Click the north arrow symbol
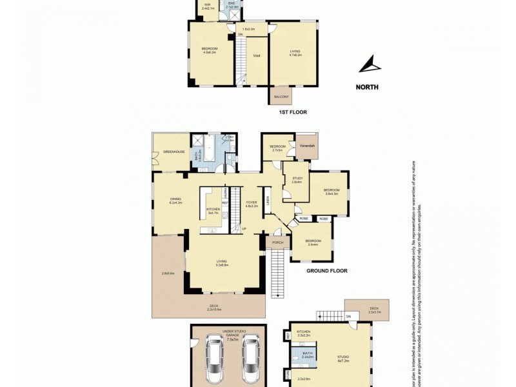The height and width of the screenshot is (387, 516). click(x=370, y=64)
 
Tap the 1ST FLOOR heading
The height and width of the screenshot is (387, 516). click(x=292, y=112)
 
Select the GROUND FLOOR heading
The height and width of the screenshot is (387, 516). click(x=326, y=271)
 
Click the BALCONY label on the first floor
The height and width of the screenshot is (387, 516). click(x=281, y=97)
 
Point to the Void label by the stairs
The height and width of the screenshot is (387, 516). click(x=256, y=55)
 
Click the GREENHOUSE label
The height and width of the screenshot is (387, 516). click(x=174, y=152)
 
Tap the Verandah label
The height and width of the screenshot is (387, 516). click(x=308, y=146)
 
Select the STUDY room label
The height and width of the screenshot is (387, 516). click(x=297, y=179)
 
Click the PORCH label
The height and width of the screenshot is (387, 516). click(x=277, y=243)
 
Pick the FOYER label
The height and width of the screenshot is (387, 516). click(x=252, y=203)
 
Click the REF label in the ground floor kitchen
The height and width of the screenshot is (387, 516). click(x=225, y=203)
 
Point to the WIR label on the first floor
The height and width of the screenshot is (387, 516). click(x=208, y=5)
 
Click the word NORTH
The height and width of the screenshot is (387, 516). click(x=367, y=86)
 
